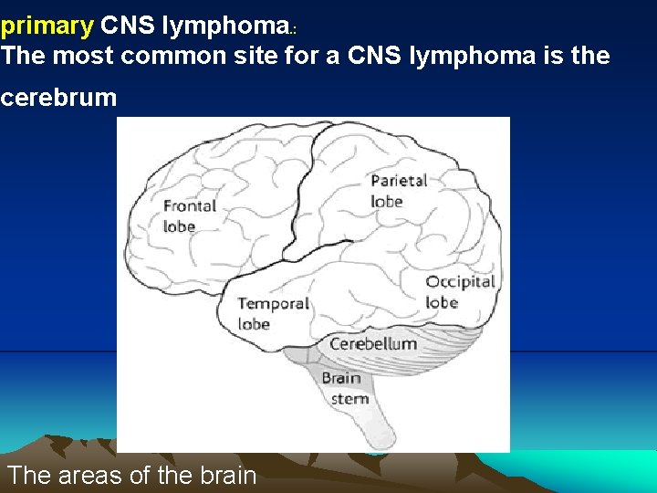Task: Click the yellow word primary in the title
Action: tap(47, 26)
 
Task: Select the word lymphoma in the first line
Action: tap(230, 25)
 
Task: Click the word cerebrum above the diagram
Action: tap(58, 98)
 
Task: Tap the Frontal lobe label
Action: tap(190, 215)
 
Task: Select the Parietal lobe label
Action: tap(399, 190)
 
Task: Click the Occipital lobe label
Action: tap(459, 291)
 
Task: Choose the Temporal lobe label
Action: tap(272, 313)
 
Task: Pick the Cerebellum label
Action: tap(372, 344)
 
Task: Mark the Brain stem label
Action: tap(343, 388)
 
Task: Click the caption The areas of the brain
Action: tap(131, 475)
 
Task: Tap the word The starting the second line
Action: tap(24, 57)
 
